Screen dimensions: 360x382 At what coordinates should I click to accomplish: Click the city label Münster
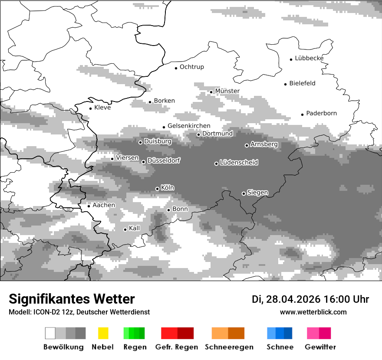click(x=227, y=91)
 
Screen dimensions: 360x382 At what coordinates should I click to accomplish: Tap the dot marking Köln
click(x=157, y=189)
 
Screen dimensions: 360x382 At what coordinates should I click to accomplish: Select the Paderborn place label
click(x=321, y=114)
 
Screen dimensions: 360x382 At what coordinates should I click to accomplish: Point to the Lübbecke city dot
click(x=291, y=59)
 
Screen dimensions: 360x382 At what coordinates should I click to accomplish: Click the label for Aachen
click(x=104, y=205)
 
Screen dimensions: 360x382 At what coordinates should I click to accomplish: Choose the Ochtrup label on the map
click(x=191, y=67)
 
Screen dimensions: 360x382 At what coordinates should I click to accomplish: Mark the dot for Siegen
click(x=244, y=193)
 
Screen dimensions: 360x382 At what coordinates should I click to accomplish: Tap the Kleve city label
click(x=102, y=108)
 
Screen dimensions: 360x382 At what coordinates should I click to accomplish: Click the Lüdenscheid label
click(x=239, y=163)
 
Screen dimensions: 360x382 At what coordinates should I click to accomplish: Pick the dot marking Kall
click(x=125, y=229)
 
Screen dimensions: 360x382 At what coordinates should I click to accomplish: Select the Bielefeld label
click(x=302, y=83)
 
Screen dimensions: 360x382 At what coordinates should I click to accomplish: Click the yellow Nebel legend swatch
click(x=103, y=333)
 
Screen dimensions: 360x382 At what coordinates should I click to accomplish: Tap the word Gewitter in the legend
click(x=320, y=347)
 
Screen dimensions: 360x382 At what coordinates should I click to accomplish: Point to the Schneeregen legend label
click(x=228, y=347)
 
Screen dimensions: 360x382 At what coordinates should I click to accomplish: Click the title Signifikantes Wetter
click(x=72, y=299)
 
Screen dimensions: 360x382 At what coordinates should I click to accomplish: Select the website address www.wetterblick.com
click(x=313, y=312)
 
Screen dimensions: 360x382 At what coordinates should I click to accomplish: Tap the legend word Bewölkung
click(x=63, y=347)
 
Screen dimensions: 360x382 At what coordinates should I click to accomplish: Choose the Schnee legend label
click(x=280, y=347)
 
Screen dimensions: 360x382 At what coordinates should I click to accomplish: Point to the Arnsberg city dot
click(x=247, y=145)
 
